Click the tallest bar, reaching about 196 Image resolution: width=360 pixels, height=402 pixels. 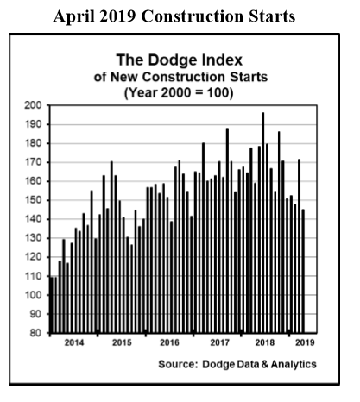pos(263,223)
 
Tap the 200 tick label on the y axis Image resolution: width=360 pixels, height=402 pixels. pos(33,105)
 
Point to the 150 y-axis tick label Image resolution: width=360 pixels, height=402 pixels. pos(33,200)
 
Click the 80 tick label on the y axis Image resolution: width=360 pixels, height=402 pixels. pos(36,333)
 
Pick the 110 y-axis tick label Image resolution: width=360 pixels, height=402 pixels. pos(33,276)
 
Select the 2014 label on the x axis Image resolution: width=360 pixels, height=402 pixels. pos(74,342)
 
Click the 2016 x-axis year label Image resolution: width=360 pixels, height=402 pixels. pos(169,342)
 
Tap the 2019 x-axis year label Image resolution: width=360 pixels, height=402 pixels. pos(305,342)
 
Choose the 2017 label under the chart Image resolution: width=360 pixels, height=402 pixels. pos(220,342)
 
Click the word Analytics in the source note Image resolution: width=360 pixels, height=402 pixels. pos(294,365)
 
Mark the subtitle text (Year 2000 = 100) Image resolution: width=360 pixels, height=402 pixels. pos(179,93)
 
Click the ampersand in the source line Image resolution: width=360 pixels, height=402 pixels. pos(264,364)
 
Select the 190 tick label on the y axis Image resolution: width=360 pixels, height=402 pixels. pos(33,124)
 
